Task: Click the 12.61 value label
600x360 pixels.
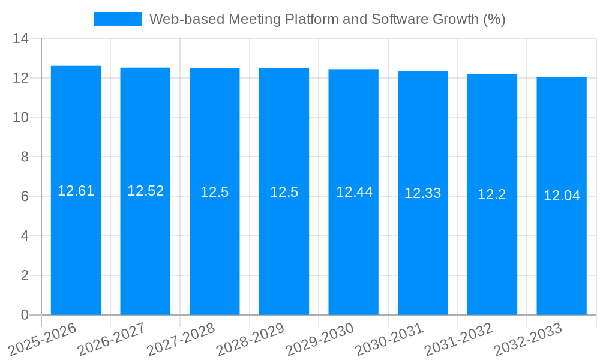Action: tap(76, 191)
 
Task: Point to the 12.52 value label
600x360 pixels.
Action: tap(145, 191)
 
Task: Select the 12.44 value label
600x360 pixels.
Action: tap(354, 192)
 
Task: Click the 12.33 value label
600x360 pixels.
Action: tap(422, 193)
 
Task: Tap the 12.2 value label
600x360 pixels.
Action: tap(492, 194)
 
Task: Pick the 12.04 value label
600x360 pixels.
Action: tap(562, 196)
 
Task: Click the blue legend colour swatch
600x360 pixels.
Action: tap(118, 19)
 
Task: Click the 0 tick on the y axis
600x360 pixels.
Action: tap(25, 315)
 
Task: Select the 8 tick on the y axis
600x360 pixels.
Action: tap(25, 157)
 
